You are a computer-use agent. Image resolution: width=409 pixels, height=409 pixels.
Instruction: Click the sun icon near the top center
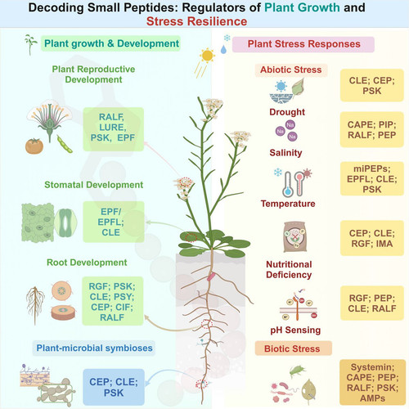coord(207,56)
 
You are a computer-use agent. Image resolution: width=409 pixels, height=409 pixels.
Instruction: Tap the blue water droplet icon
coord(223,49)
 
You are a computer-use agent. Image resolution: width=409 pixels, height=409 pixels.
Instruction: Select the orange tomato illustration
coord(34,146)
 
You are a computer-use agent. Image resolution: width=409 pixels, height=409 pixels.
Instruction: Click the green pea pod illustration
coord(65,144)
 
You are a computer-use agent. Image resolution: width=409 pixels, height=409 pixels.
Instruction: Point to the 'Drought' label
coord(287,112)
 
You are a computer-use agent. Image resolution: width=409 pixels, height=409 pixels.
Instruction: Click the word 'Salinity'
coord(285,153)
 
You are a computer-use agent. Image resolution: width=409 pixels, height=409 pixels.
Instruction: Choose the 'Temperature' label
coord(288,204)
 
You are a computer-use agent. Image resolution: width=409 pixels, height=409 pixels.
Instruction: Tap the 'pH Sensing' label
coord(295,330)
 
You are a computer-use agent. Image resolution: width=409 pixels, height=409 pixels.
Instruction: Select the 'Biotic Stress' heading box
coord(294,348)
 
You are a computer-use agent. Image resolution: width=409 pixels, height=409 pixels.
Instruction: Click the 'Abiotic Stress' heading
coord(291,70)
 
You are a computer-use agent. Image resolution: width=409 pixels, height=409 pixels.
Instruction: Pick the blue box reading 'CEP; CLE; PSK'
coord(114,387)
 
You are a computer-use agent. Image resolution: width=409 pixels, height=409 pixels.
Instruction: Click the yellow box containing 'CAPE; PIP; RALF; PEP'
coord(372,129)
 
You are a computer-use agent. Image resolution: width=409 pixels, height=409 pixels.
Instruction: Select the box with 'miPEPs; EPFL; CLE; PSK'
coord(372,179)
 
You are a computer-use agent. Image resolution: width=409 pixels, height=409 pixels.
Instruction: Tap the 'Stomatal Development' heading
coord(94,185)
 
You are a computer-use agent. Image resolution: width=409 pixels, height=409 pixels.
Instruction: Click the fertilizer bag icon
coord(295,236)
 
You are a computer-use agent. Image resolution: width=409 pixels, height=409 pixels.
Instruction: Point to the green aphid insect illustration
coord(297,371)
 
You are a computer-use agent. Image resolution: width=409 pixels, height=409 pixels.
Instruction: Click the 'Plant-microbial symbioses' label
coord(94,348)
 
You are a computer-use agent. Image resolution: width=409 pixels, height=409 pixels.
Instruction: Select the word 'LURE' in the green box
coord(112,128)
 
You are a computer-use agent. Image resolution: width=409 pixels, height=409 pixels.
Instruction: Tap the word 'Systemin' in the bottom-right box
coord(372,367)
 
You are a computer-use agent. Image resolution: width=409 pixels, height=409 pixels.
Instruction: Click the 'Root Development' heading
coord(87,263)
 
